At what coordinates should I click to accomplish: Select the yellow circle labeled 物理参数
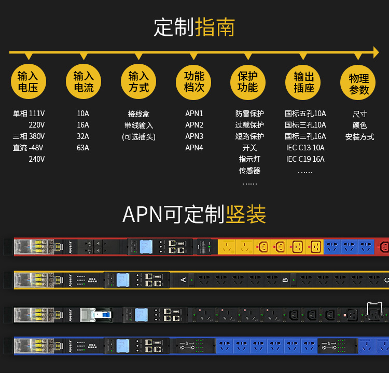click(358, 83)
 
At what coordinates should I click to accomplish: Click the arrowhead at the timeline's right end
click(376, 52)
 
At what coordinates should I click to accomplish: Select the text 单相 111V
click(29, 114)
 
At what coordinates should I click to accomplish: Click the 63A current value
click(83, 148)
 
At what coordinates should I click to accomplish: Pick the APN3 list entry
click(194, 136)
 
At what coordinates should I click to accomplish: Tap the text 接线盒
click(138, 114)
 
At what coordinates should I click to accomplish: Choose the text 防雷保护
click(249, 114)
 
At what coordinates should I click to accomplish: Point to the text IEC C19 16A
click(305, 159)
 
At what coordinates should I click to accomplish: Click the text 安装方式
click(359, 137)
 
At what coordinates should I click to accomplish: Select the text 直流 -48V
click(29, 148)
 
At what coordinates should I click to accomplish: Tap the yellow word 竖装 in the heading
click(245, 214)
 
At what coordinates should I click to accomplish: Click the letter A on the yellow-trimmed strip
click(183, 280)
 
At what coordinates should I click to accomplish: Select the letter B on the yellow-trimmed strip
click(285, 280)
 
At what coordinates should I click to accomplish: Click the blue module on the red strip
click(146, 246)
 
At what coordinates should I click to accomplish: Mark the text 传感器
click(249, 171)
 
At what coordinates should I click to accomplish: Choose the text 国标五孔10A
click(305, 114)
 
